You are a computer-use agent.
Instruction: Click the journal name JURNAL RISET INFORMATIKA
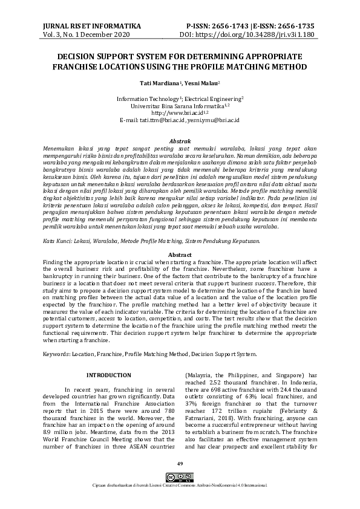(x=90, y=27)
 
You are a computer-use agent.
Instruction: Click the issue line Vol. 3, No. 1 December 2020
(x=87, y=36)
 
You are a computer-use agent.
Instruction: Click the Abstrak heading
(x=180, y=141)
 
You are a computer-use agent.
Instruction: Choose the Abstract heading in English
(x=180, y=254)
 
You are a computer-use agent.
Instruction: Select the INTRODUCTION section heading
(x=109, y=375)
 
